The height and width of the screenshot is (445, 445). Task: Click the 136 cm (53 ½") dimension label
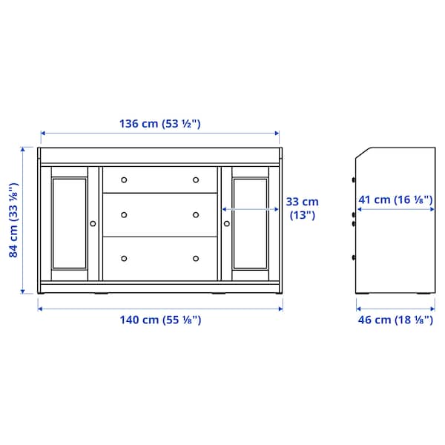160,124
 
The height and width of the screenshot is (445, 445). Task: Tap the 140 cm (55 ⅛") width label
160,320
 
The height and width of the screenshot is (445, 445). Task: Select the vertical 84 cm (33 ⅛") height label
13,220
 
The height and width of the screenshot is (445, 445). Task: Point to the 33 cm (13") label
302,208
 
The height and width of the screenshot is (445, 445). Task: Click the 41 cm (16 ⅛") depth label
395,200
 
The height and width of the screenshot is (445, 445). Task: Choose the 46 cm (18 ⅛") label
395,320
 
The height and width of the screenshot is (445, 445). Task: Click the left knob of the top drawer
124,179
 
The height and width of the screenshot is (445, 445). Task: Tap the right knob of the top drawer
196,179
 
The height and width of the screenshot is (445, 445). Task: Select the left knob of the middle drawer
124,215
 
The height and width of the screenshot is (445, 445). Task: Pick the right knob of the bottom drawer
196,258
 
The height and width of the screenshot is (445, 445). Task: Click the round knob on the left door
93,222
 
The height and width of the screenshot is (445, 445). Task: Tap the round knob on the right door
227,222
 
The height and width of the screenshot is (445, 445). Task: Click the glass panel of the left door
70,221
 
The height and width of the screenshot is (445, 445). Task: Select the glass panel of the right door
250,221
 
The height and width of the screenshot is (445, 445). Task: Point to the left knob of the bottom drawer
124,258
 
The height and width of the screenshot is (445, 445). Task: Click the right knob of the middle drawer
196,215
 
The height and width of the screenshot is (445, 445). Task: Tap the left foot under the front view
99,294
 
